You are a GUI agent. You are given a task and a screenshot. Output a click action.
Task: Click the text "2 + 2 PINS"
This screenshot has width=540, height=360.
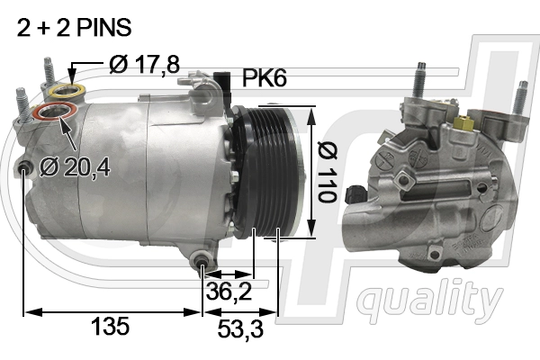(74, 29)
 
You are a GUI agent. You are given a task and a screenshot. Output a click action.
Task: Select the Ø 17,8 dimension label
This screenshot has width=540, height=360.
(145, 64)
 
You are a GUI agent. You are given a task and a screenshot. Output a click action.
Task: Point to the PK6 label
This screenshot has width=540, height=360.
(265, 80)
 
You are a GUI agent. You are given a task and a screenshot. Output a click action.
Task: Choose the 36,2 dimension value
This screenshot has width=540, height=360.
(227, 292)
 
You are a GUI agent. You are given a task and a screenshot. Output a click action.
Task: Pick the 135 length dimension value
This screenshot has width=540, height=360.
(110, 327)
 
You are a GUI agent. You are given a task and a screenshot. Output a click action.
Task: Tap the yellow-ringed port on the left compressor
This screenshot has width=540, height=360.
(64, 91)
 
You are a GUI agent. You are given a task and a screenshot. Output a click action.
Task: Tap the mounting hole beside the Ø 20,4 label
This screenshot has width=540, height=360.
(24, 167)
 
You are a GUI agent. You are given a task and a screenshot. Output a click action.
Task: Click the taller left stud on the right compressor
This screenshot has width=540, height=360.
(418, 81)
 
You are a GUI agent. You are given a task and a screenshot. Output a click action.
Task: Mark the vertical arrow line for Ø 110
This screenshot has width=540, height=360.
(312, 172)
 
